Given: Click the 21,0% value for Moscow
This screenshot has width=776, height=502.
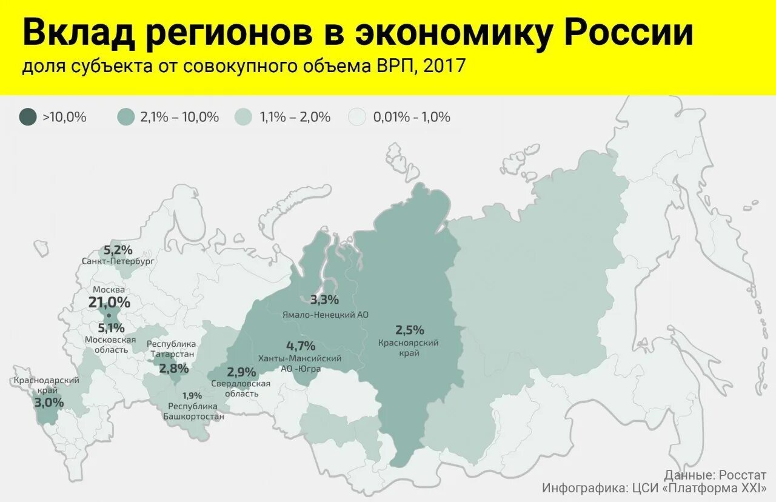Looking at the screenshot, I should (x=109, y=302).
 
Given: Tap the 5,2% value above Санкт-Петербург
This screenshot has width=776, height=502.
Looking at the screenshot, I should (x=118, y=249).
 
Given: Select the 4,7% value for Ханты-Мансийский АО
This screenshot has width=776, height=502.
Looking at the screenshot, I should (x=301, y=346).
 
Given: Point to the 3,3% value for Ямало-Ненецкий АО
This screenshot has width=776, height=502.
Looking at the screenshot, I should (x=324, y=300).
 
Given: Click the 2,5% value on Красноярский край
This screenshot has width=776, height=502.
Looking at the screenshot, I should (x=410, y=330).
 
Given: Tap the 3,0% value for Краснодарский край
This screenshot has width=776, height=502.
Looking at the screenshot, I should (x=48, y=401).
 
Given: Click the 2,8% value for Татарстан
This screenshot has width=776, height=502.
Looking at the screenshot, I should (x=173, y=368).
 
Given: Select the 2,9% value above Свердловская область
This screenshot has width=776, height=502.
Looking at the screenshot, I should (x=241, y=372).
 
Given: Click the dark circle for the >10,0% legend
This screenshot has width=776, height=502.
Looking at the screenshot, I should (x=28, y=117).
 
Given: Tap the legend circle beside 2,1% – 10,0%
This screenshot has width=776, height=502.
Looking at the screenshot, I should (x=126, y=117).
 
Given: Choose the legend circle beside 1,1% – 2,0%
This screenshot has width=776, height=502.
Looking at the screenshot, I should (x=244, y=117).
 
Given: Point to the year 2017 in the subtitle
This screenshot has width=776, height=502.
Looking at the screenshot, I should (x=444, y=66).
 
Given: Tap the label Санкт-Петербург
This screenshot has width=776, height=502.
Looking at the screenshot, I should (x=118, y=261).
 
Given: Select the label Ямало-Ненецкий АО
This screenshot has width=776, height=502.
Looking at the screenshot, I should (x=325, y=315).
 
